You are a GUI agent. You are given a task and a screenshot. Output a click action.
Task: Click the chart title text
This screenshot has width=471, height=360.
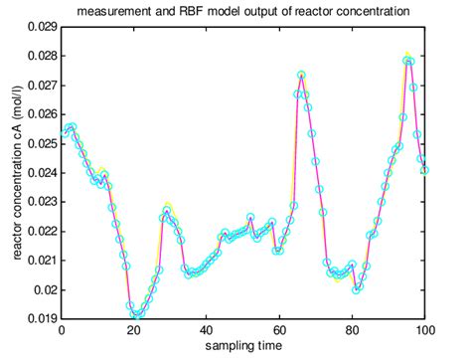[242, 11]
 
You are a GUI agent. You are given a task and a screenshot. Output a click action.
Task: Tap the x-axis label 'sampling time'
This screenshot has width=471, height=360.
[242, 345]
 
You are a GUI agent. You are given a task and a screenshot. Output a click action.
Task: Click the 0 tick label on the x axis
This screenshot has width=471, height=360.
[62, 331]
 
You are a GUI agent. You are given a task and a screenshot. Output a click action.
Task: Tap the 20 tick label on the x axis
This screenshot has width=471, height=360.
[134, 331]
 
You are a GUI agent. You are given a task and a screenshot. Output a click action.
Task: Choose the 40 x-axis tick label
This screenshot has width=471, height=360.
[207, 331]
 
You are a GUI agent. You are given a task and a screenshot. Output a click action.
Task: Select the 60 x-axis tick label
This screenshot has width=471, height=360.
[279, 331]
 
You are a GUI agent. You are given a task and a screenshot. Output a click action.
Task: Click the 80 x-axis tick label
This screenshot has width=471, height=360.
[352, 331]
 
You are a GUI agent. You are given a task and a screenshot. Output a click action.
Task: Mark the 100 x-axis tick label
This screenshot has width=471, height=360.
[424, 331]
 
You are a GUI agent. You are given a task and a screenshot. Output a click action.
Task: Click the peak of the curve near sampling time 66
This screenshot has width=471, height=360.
[301, 76]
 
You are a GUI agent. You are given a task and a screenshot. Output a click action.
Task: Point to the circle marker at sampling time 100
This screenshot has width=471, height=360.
[424, 170]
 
